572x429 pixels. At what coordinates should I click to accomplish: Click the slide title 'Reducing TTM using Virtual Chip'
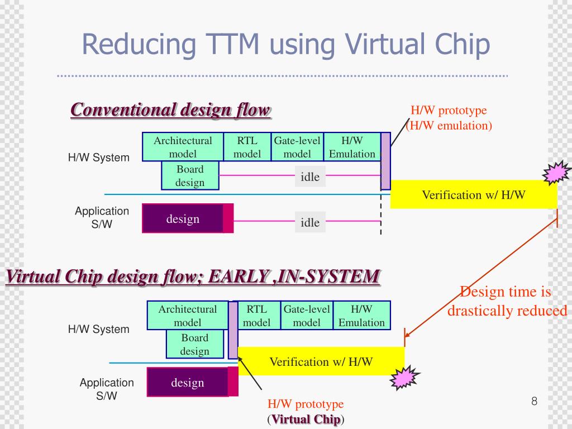pyautogui.click(x=285, y=45)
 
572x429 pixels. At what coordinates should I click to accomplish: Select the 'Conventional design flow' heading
pyautogui.click(x=170, y=109)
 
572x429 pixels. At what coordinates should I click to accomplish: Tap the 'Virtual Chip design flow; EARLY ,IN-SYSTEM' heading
pyautogui.click(x=193, y=276)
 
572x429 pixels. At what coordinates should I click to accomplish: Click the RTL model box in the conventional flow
pyautogui.click(x=247, y=147)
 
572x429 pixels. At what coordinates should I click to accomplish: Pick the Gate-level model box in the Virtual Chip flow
pyautogui.click(x=307, y=315)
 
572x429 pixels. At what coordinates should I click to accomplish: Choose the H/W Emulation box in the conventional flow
pyautogui.click(x=352, y=147)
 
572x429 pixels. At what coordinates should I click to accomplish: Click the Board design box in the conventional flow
pyautogui.click(x=190, y=175)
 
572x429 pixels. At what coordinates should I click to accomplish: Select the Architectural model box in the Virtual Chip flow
pyautogui.click(x=187, y=315)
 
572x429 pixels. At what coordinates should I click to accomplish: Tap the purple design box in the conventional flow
pyautogui.click(x=183, y=218)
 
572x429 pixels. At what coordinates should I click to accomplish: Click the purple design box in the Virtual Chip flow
pyautogui.click(x=188, y=383)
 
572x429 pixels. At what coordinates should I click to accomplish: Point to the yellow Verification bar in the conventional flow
pyautogui.click(x=473, y=195)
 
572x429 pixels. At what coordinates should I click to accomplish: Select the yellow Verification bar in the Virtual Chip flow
pyautogui.click(x=321, y=361)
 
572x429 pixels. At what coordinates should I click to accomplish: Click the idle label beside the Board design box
pyautogui.click(x=310, y=177)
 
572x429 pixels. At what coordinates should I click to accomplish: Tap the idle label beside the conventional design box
pyautogui.click(x=310, y=223)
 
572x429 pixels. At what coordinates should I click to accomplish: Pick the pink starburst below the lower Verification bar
pyautogui.click(x=403, y=379)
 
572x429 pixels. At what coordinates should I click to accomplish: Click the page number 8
pyautogui.click(x=534, y=401)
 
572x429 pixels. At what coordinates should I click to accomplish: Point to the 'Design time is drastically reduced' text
pyautogui.click(x=507, y=301)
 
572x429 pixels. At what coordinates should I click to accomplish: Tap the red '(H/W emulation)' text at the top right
pyautogui.click(x=450, y=125)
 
